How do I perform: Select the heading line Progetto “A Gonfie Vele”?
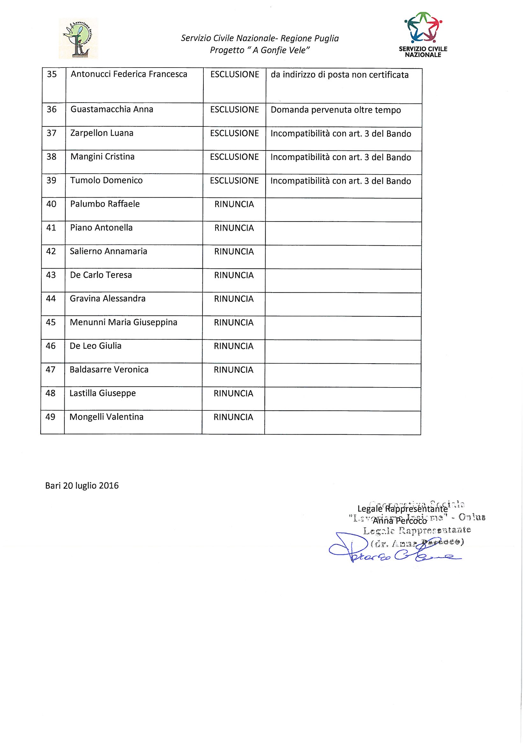pyautogui.click(x=258, y=50)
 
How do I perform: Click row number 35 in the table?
pyautogui.click(x=52, y=74)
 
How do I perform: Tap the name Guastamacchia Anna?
pyautogui.click(x=112, y=109)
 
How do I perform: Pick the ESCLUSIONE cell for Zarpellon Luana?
pyautogui.click(x=234, y=134)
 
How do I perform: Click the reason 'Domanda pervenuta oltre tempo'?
pyautogui.click(x=335, y=110)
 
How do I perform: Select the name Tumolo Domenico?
pyautogui.click(x=106, y=180)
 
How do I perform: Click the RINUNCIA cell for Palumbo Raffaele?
pyautogui.click(x=234, y=205)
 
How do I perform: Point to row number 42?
pyautogui.click(x=51, y=251)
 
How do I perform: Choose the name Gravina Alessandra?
pyautogui.click(x=107, y=299)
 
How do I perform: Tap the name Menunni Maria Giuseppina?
pyautogui.click(x=123, y=322)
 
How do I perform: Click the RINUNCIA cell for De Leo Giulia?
pyautogui.click(x=233, y=346)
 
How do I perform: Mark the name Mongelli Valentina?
pyautogui.click(x=106, y=417)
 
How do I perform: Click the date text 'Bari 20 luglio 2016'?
pyautogui.click(x=82, y=486)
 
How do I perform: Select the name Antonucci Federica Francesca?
pyautogui.click(x=129, y=74)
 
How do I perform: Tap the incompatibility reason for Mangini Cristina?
pyautogui.click(x=340, y=157)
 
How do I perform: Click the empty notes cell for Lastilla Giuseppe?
pyautogui.click(x=343, y=399)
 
